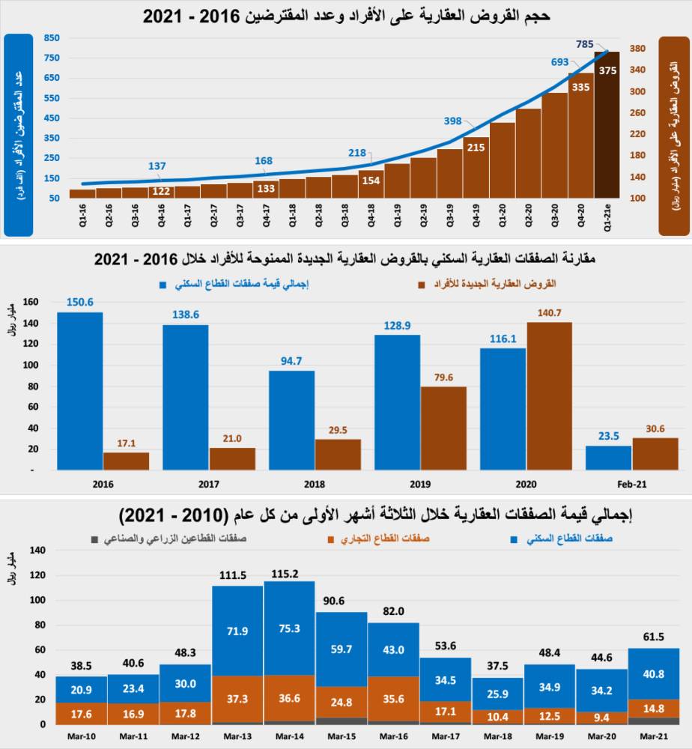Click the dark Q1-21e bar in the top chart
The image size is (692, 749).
pos(607,127)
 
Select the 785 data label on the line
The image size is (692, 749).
pos(585,44)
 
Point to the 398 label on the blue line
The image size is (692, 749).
pos(452,121)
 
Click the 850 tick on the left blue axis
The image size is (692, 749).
pos(52,38)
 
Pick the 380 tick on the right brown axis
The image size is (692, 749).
pos(637,49)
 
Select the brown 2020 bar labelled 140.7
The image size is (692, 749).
pos(549,396)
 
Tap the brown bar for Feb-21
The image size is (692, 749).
pos(655,454)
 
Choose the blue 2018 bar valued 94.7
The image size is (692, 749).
pos(291,420)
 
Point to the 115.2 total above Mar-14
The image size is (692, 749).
pos(289,574)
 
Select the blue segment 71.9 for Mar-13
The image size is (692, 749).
pos(237,631)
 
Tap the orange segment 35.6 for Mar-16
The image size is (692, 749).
pos(393,697)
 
